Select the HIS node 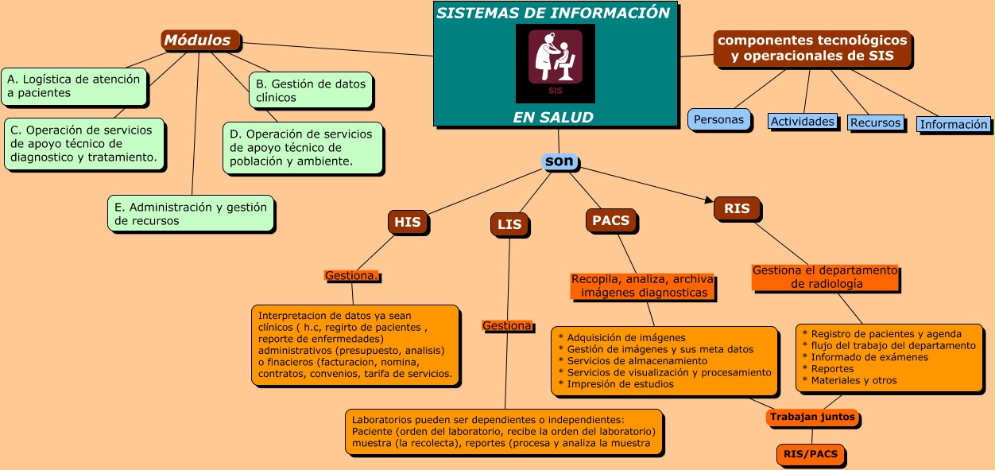click(x=408, y=223)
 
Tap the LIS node click(x=509, y=224)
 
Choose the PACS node click(x=611, y=220)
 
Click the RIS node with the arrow click(x=737, y=208)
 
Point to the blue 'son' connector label click(x=559, y=161)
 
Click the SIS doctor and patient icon click(x=555, y=62)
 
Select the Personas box click(x=718, y=120)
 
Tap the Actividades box click(x=803, y=122)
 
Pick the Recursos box click(x=875, y=122)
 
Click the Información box click(x=954, y=124)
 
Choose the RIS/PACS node click(x=810, y=455)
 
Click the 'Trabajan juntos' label click(x=812, y=417)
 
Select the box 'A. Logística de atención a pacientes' click(x=74, y=86)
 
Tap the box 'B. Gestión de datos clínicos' click(x=311, y=91)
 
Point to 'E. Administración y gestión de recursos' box click(x=191, y=214)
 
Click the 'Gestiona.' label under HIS click(x=351, y=276)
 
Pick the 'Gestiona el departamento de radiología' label click(x=825, y=277)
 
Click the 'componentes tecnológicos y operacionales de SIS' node click(x=811, y=48)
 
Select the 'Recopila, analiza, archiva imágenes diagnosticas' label click(x=643, y=286)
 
